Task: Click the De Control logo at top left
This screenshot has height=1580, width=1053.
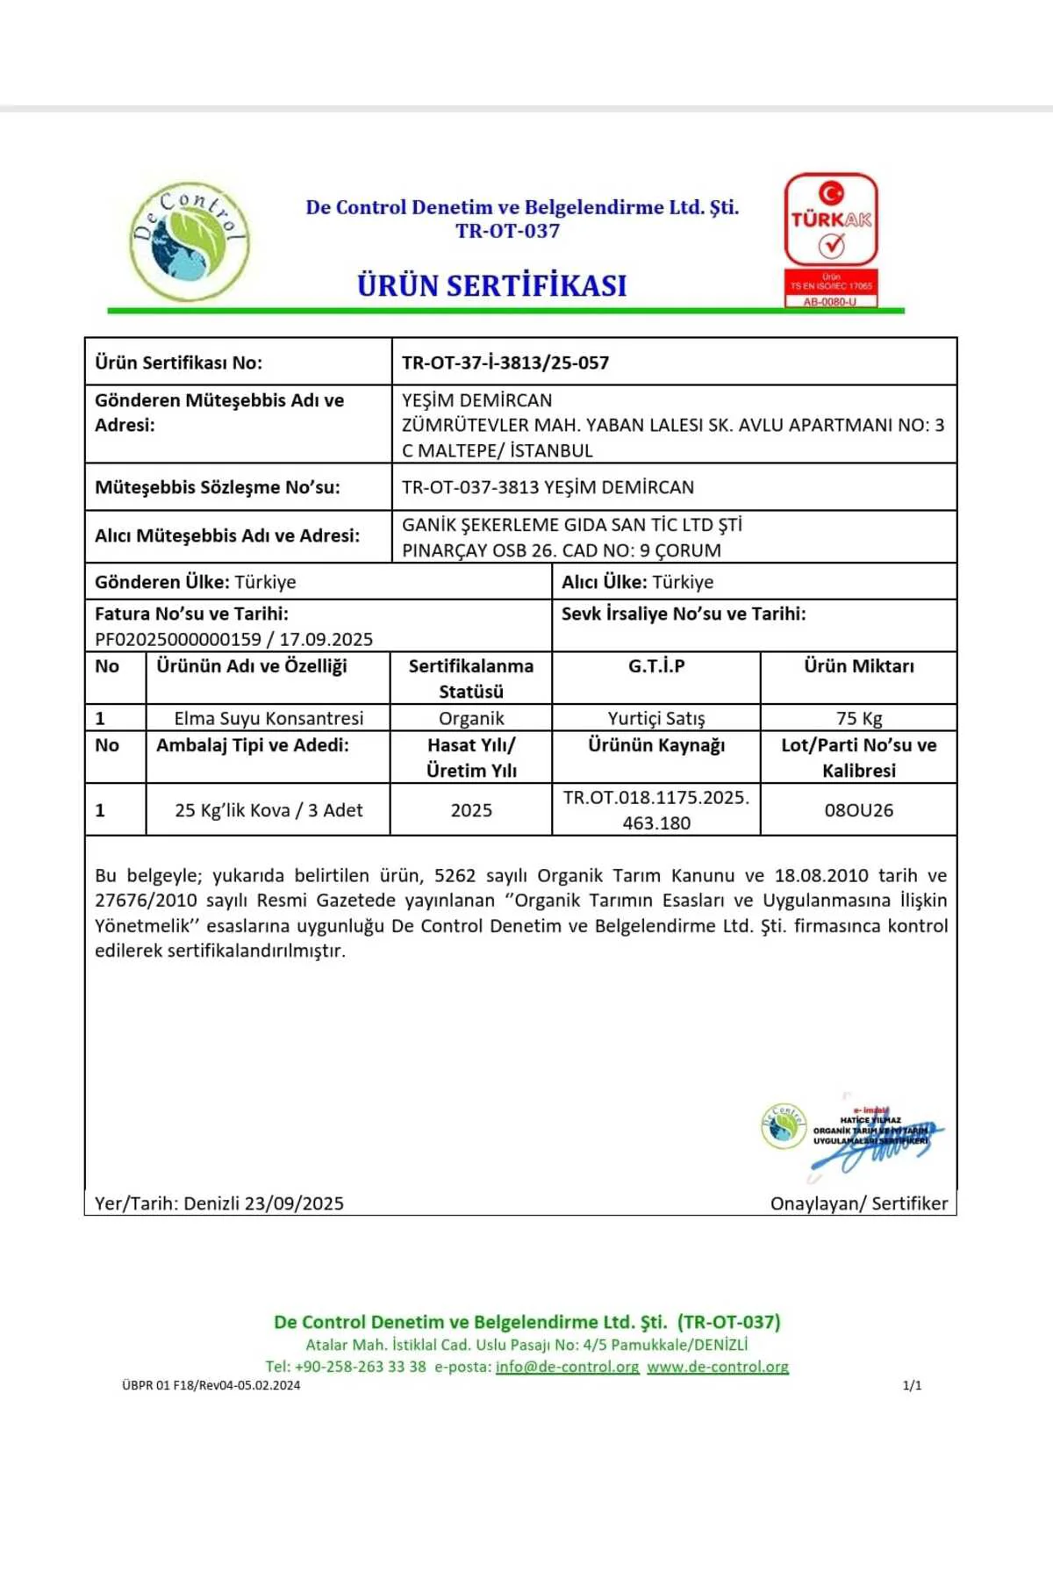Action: (190, 241)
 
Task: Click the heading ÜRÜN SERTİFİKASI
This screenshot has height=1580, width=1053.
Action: (491, 286)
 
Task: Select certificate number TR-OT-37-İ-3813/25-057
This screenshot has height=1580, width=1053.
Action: (505, 363)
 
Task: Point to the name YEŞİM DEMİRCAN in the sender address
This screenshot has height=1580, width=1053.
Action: (477, 400)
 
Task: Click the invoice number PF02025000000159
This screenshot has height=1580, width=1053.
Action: (178, 639)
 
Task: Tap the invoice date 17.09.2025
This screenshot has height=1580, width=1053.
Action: (326, 639)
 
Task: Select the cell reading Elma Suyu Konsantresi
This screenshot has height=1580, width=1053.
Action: (269, 718)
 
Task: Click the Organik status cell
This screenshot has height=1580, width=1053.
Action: (471, 718)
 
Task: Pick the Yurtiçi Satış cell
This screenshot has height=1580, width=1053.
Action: (656, 718)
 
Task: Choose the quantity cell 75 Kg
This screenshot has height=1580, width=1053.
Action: (859, 718)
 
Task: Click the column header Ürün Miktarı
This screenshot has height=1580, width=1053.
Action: (859, 666)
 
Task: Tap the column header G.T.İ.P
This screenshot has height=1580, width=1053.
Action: (656, 666)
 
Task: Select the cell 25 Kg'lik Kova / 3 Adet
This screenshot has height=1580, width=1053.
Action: (269, 810)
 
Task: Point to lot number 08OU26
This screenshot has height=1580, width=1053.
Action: (859, 810)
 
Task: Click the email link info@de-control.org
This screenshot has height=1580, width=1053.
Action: (567, 1367)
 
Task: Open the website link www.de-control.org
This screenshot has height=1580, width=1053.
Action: (718, 1367)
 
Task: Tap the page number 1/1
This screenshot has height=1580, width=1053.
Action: (912, 1386)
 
